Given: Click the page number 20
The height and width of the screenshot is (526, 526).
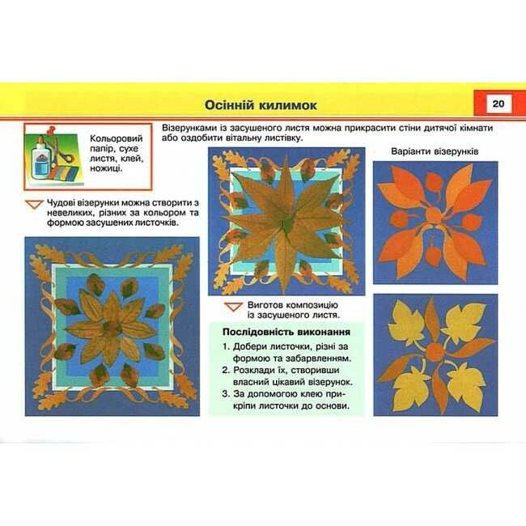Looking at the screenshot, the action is (498, 104).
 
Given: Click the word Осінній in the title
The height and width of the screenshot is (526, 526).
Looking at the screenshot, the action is (228, 105).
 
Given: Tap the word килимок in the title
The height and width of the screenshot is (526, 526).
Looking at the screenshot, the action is (287, 105).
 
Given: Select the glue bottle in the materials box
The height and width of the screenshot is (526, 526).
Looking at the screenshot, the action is (41, 159).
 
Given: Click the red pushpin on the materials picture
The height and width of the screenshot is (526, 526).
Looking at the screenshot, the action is (50, 130).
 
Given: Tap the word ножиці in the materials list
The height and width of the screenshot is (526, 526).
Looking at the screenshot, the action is (106, 168).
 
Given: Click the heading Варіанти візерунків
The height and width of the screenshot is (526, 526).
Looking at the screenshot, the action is (435, 151).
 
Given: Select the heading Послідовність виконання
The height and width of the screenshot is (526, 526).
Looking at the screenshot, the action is (286, 332).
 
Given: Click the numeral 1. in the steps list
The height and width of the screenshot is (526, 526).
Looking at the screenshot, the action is (226, 346).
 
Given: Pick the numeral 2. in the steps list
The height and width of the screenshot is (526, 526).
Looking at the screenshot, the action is (226, 371).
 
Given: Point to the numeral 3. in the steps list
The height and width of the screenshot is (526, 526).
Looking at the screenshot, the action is (226, 394).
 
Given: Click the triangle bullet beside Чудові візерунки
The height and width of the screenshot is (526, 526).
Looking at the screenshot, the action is (35, 204).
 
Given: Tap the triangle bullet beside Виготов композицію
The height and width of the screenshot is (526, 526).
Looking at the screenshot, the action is (234, 307).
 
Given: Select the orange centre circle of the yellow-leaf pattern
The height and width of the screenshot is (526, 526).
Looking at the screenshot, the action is (435, 351).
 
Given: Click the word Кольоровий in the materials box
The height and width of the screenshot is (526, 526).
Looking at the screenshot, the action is (117, 138).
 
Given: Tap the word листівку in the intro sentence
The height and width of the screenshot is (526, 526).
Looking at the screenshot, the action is (280, 138).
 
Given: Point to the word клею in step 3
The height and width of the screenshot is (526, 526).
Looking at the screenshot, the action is (312, 394).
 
